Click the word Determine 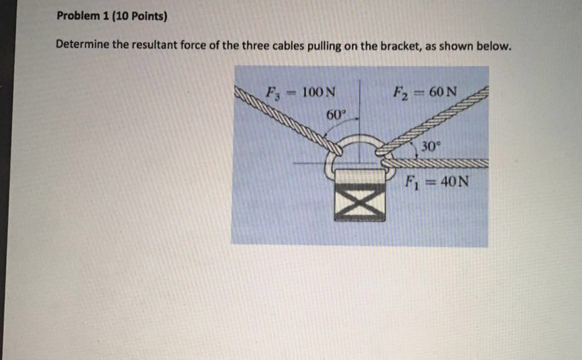click(81, 46)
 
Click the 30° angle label click(429, 147)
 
